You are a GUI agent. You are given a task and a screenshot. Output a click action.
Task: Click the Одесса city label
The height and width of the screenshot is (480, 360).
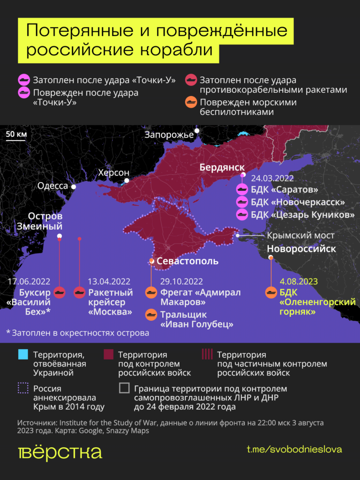[52, 186]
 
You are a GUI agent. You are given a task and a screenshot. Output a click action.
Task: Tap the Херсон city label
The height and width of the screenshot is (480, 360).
[113, 172]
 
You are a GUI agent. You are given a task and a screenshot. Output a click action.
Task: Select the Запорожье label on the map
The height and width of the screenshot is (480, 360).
[169, 135]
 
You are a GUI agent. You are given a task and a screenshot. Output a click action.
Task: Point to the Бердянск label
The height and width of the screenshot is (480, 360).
[222, 167]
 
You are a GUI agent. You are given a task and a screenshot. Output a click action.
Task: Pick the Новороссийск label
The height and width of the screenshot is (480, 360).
[301, 248]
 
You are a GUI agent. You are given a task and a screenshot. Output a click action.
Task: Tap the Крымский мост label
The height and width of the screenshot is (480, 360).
[301, 235]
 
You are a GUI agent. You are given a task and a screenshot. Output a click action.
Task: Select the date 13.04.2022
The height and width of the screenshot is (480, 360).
[109, 281]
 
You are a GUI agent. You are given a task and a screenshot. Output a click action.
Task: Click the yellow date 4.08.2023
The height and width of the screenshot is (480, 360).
[299, 281]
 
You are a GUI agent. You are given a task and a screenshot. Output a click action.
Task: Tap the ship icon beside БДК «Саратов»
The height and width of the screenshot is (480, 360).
[242, 190]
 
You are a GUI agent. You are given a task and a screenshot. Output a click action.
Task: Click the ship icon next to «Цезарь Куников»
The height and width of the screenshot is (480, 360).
[242, 215]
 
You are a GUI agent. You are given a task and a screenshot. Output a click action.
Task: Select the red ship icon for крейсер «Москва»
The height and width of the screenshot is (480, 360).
[80, 292]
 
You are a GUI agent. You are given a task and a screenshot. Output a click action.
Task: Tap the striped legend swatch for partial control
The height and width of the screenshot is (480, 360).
[206, 355]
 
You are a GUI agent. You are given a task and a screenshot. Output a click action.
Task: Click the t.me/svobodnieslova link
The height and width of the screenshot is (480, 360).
[294, 449]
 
